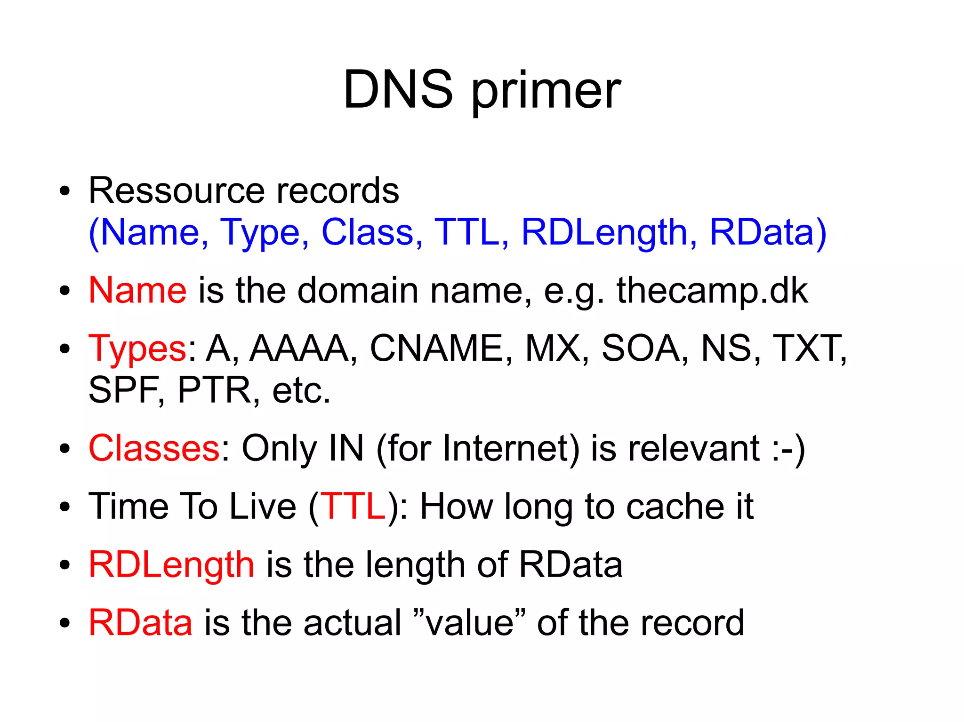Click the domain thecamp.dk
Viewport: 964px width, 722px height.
(712, 290)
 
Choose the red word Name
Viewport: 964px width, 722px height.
(137, 290)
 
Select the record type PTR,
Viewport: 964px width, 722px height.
(219, 390)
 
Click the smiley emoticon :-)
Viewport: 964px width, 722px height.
(788, 449)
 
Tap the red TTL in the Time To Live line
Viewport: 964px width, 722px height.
(353, 507)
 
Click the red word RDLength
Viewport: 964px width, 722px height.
(171, 564)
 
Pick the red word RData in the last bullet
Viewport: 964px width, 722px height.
(140, 623)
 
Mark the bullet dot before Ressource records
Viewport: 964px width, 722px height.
(64, 191)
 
